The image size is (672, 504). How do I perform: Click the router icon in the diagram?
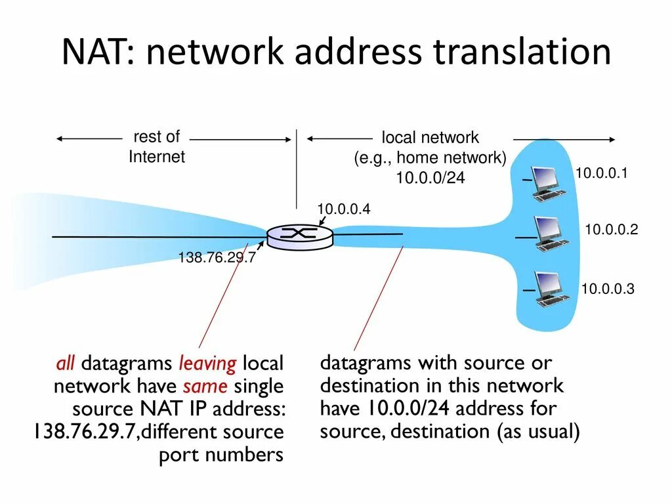299,236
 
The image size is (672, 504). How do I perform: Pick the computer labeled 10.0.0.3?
550,289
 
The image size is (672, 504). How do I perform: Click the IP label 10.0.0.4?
344,209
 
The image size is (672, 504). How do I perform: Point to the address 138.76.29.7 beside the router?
217,258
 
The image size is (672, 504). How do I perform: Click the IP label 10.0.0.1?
602,173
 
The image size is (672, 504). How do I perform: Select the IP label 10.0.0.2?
611,230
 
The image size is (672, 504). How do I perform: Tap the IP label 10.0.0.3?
607,289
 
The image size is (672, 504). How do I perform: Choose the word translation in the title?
522,52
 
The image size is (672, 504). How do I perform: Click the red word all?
66,363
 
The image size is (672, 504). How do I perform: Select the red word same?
205,386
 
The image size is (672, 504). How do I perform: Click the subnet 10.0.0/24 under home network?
430,178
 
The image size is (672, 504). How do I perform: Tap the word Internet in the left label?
157,157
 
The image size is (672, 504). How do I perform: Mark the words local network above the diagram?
430,138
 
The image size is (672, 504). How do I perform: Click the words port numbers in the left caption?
221,455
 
